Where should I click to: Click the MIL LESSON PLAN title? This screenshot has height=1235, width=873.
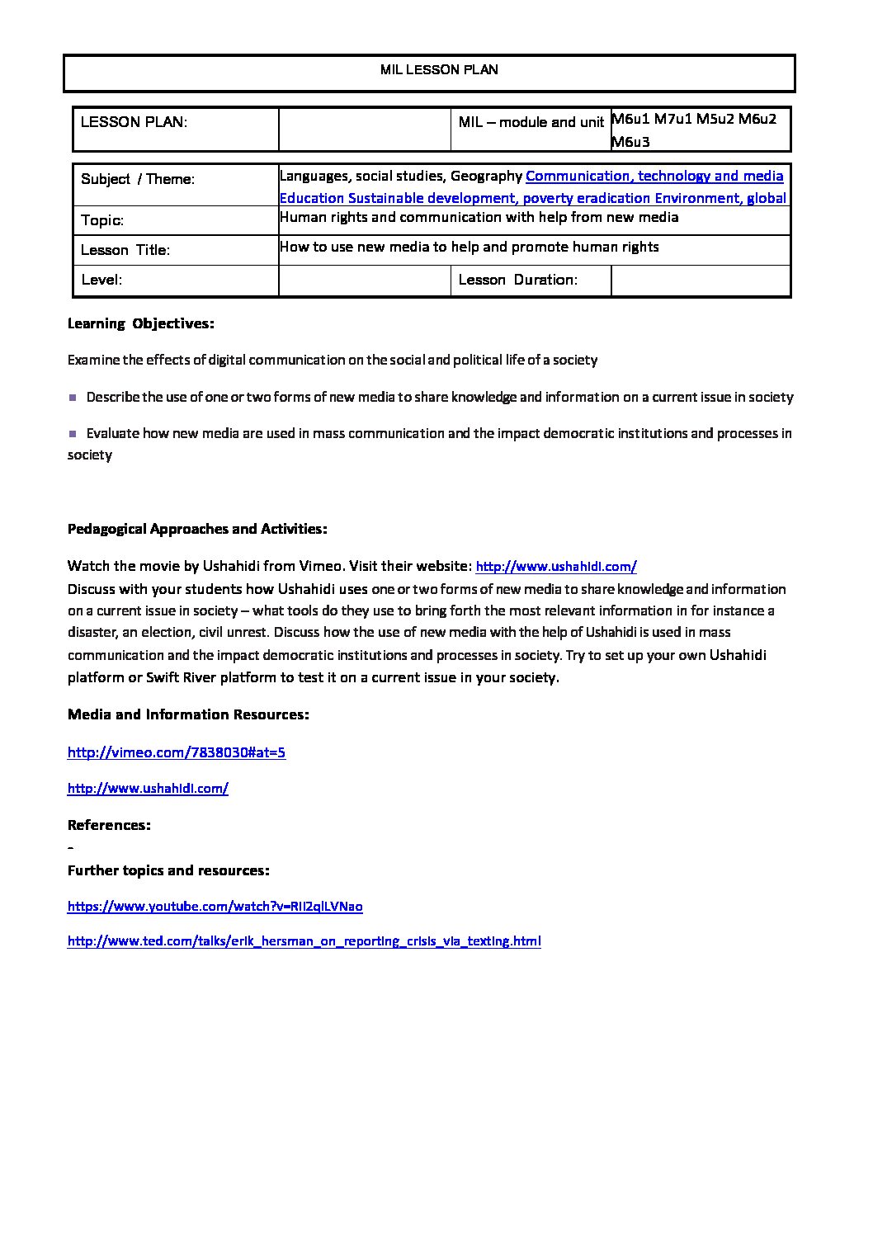439,70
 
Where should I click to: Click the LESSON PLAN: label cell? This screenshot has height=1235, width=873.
134,122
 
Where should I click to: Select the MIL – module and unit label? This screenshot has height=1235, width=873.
531,122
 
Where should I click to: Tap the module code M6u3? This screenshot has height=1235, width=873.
631,142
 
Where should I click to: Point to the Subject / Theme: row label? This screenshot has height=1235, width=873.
138,179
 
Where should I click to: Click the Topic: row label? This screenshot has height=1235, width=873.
102,220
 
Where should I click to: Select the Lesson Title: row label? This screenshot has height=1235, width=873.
125,250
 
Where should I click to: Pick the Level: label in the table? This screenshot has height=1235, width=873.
101,280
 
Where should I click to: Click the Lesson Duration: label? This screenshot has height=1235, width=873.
518,280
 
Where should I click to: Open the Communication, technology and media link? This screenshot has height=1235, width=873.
654,176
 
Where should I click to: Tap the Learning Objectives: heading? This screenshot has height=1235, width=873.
141,323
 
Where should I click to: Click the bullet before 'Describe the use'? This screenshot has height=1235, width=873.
73,398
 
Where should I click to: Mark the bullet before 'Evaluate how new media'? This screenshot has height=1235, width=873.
73,433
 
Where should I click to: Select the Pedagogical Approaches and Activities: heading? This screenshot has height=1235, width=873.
197,529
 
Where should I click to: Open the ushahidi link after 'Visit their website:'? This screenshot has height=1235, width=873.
556,567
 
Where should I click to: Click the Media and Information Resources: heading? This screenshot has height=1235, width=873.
188,714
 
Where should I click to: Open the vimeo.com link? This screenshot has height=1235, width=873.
177,752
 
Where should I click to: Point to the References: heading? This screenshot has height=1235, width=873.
109,825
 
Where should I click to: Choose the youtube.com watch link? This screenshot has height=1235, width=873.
215,907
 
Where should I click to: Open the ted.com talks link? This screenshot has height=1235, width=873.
304,941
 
